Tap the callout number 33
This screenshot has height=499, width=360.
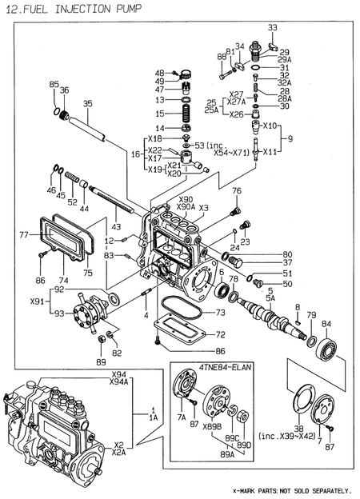point(272,28)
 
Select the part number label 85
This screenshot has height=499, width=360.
point(54,84)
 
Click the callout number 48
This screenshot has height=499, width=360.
point(159,73)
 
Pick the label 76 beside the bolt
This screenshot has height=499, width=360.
point(237,190)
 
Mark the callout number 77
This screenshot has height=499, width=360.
point(23,235)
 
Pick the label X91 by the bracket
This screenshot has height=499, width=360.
point(37,302)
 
